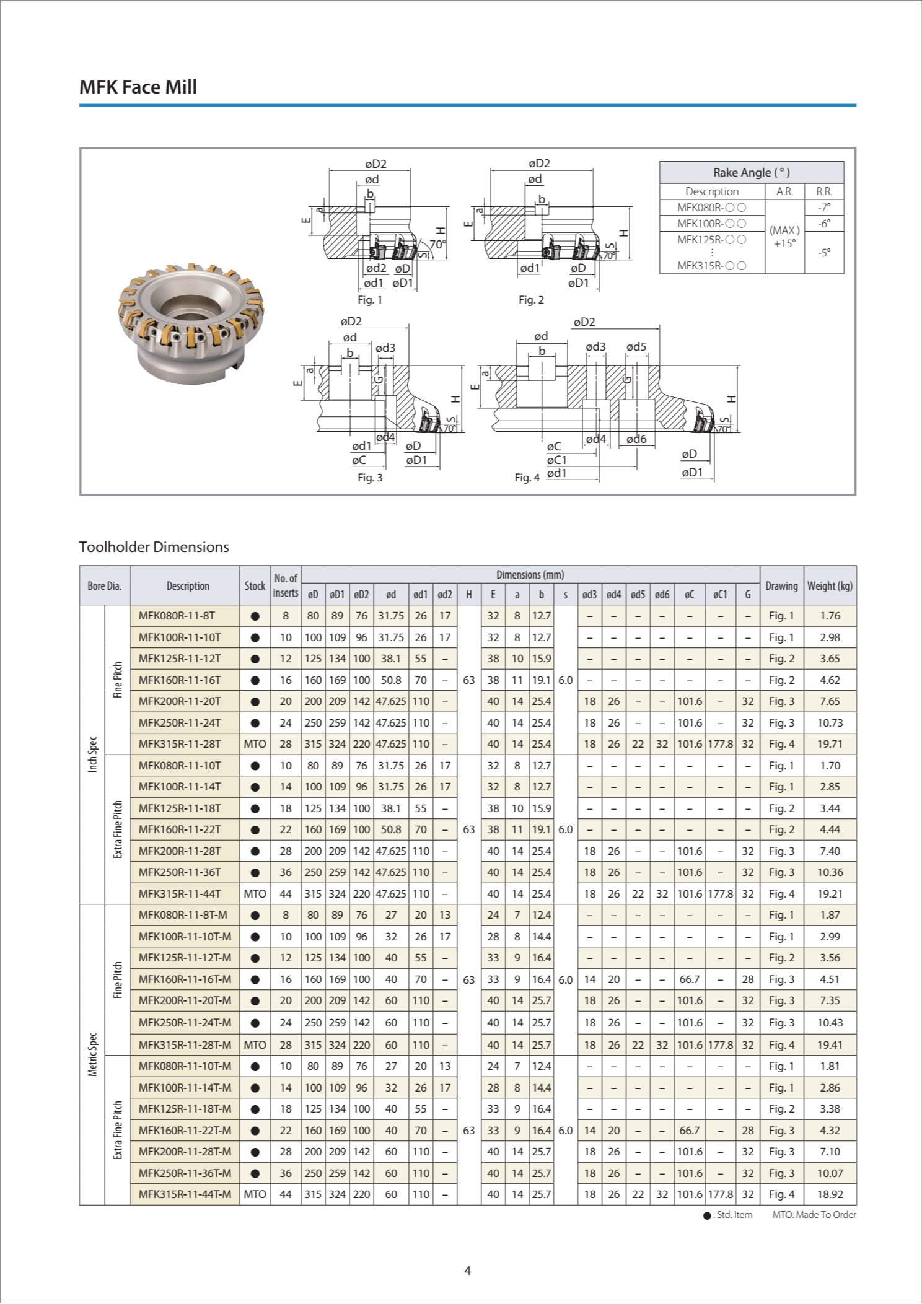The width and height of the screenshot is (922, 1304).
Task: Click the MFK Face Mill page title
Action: (x=138, y=87)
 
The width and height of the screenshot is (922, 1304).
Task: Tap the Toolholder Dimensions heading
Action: (x=154, y=547)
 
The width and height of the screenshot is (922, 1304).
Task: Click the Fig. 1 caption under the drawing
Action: (x=370, y=300)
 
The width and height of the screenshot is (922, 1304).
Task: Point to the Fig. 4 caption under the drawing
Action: (x=527, y=478)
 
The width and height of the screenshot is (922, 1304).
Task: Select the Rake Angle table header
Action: (x=751, y=172)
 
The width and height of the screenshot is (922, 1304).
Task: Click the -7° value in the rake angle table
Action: (x=823, y=208)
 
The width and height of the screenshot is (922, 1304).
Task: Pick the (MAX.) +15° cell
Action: (x=784, y=237)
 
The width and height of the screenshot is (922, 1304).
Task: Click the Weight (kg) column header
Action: (x=830, y=585)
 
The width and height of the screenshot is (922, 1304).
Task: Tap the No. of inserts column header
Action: (x=286, y=585)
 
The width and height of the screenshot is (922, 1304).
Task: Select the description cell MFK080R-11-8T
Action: (x=177, y=616)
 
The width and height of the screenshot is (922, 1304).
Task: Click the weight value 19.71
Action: (x=830, y=744)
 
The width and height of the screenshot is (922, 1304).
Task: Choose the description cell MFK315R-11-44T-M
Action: (x=185, y=1194)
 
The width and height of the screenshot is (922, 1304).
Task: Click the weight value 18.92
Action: (x=830, y=1194)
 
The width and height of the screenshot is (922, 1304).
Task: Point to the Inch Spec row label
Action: (x=92, y=754)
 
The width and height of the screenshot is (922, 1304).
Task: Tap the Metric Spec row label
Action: (x=92, y=1054)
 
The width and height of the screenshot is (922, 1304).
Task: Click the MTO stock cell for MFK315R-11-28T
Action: (x=255, y=744)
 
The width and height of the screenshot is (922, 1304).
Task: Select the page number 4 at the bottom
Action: (x=468, y=1271)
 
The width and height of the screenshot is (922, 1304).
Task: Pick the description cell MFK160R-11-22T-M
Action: (x=185, y=1130)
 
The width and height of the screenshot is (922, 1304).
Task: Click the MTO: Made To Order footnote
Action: (x=814, y=1215)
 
